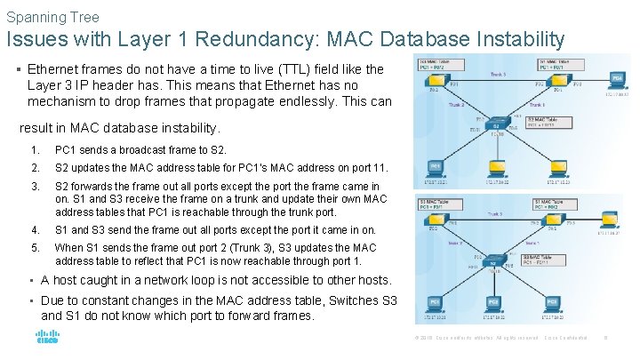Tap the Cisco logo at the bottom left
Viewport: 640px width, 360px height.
[x=46, y=339]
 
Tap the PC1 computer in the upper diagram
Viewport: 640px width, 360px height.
[x=436, y=165]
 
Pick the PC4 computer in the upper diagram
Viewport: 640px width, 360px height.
[x=617, y=79]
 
